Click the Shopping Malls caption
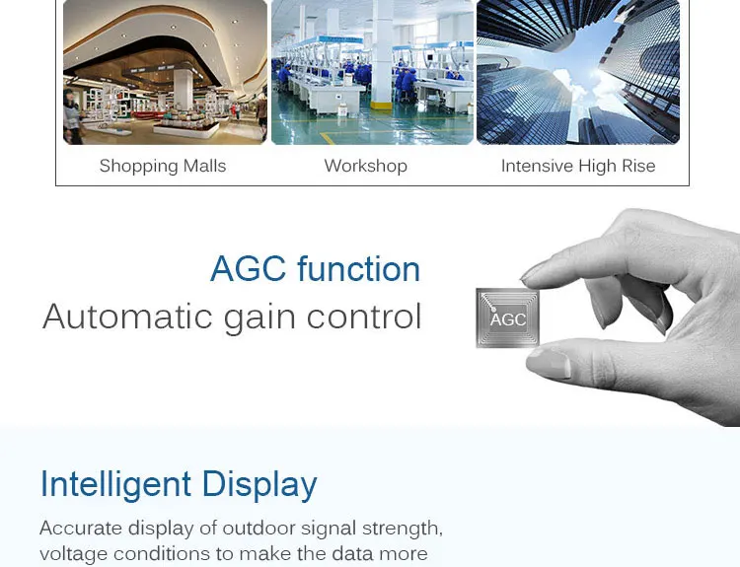(x=163, y=166)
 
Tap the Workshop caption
(x=366, y=166)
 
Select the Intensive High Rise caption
(x=578, y=166)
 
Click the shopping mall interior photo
(x=165, y=72)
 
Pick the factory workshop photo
(x=372, y=72)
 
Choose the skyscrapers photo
(x=578, y=72)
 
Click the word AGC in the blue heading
(x=249, y=269)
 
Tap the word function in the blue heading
(x=359, y=269)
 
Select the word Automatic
(x=127, y=317)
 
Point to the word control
(x=364, y=317)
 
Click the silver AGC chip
(x=507, y=318)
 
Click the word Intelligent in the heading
(x=115, y=484)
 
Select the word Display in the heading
(x=259, y=484)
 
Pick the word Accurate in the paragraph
(x=81, y=528)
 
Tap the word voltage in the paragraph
(x=73, y=554)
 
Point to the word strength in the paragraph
(x=403, y=529)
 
